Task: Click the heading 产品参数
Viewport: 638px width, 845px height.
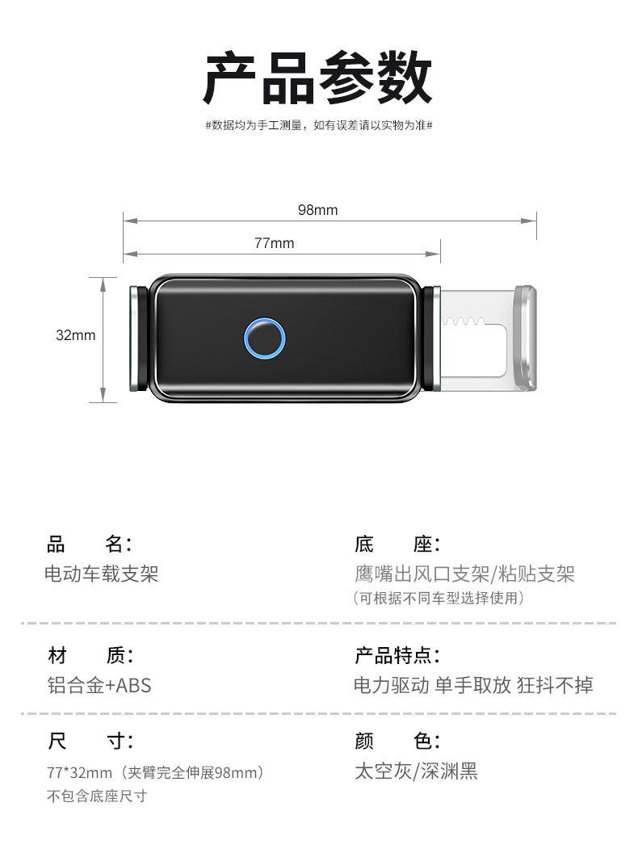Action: click(318, 78)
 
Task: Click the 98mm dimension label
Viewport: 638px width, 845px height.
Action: click(318, 209)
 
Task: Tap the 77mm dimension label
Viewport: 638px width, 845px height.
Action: click(275, 243)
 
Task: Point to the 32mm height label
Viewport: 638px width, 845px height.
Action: click(75, 335)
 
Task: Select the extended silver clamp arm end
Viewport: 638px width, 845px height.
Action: click(526, 338)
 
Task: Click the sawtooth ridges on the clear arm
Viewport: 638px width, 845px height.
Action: click(463, 322)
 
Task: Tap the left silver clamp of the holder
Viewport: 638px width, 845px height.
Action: click(135, 338)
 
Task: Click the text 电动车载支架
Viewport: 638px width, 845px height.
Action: click(101, 574)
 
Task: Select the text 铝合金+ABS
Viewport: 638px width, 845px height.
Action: click(99, 685)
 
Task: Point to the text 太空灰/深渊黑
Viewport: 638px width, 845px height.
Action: click(416, 771)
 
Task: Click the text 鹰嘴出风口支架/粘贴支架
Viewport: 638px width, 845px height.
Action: click(464, 574)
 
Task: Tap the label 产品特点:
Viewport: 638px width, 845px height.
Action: click(397, 655)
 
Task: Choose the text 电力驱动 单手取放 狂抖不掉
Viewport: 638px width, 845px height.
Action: click(473, 685)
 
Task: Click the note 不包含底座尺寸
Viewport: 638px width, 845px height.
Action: click(97, 796)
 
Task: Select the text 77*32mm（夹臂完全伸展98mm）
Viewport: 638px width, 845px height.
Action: click(156, 773)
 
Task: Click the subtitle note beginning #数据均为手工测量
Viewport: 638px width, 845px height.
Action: click(319, 125)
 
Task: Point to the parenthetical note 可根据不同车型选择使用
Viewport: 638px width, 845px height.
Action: click(439, 598)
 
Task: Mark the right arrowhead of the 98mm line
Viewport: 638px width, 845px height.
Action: click(528, 220)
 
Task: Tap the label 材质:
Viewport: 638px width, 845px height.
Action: click(90, 655)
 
